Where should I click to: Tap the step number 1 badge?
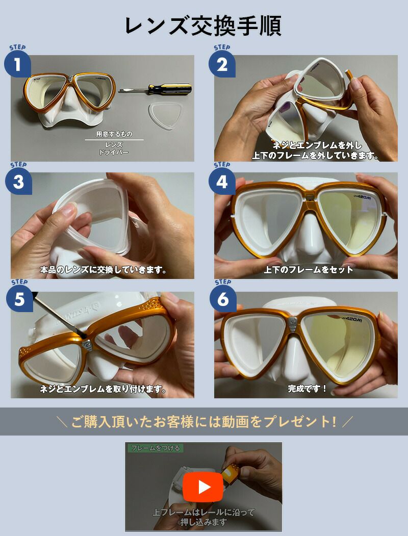coord(17,65)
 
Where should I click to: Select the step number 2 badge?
coord(222,65)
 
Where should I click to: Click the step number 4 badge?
coord(222,182)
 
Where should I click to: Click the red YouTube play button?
coord(203,487)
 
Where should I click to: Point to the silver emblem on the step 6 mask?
coord(293,323)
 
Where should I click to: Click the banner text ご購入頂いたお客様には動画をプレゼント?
coord(203,422)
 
